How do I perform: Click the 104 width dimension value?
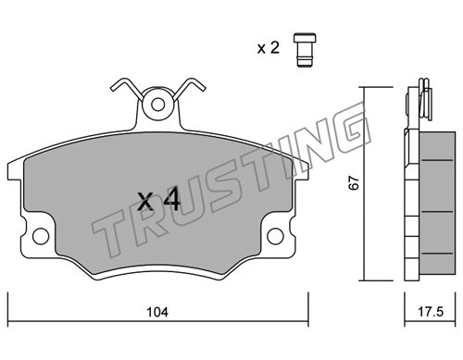(x=157, y=312)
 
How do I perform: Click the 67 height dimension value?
(x=354, y=183)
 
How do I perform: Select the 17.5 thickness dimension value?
(x=431, y=312)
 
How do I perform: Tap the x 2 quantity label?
(x=269, y=48)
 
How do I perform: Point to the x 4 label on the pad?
(x=159, y=200)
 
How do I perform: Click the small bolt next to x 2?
(x=305, y=50)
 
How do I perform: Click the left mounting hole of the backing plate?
(x=41, y=236)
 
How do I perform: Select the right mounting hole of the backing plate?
(x=275, y=236)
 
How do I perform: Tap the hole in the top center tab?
(x=158, y=105)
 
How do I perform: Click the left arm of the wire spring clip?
(x=127, y=87)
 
